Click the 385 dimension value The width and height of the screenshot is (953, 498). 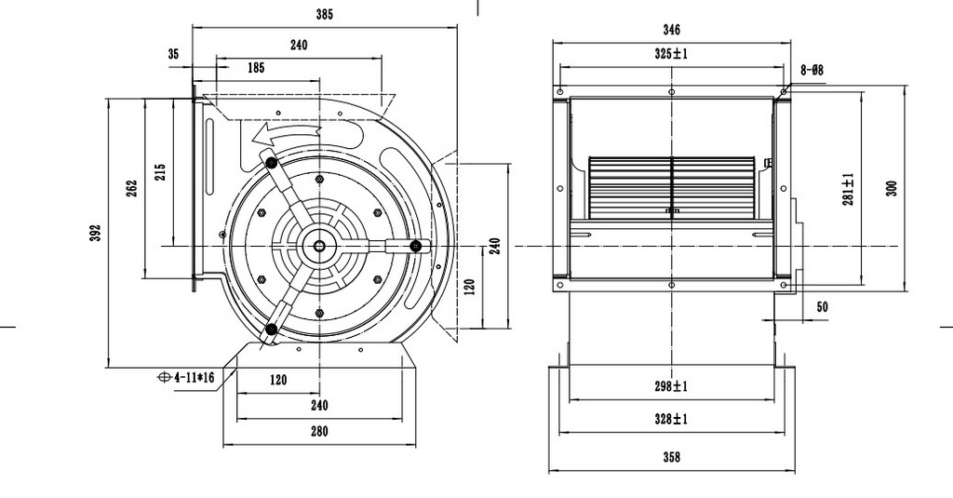(x=324, y=15)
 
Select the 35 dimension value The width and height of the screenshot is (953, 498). (x=173, y=54)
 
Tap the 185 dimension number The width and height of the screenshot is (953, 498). (x=256, y=68)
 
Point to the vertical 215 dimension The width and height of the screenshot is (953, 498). (x=160, y=172)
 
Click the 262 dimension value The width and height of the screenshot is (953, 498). (x=132, y=189)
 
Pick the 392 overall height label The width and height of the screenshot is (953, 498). (x=96, y=234)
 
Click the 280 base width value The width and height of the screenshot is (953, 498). (x=319, y=432)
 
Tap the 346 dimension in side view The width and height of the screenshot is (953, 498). (x=672, y=30)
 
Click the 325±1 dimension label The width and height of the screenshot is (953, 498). (x=671, y=53)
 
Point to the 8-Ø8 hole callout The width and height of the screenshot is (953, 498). (x=812, y=71)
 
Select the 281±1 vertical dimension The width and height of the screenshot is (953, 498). (x=849, y=189)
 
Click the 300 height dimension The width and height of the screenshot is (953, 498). (x=892, y=189)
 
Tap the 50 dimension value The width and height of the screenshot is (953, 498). (x=822, y=307)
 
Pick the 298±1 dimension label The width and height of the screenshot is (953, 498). (x=671, y=386)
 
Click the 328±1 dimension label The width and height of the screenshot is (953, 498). (x=671, y=419)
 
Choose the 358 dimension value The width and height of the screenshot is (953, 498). (x=672, y=457)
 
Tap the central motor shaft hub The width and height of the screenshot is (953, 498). (x=319, y=246)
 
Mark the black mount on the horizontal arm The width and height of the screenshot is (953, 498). (x=416, y=246)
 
